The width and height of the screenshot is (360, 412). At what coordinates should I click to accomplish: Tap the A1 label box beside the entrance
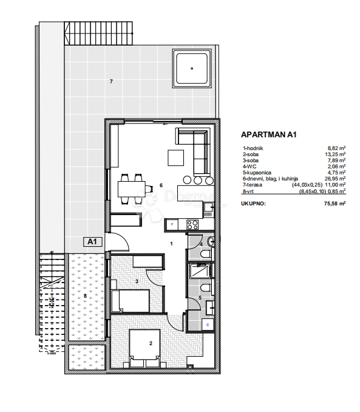click(92, 241)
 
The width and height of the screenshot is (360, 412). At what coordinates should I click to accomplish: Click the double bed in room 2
click(144, 348)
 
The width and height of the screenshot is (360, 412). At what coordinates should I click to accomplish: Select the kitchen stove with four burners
click(194, 225)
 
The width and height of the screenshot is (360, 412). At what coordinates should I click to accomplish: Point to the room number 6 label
click(161, 185)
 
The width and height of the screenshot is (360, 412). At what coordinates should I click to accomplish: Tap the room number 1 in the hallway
click(172, 244)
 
